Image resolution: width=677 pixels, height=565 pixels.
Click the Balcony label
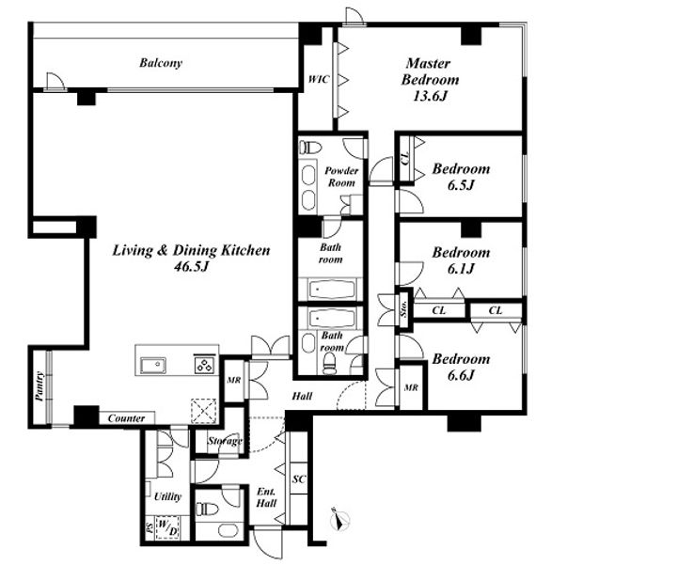tap(161, 63)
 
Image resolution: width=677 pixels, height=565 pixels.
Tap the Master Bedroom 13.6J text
tap(430, 79)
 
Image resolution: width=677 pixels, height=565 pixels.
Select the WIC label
tap(318, 79)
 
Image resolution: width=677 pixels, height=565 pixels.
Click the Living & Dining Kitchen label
tap(191, 259)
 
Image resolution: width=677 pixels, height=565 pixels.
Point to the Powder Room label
tap(341, 177)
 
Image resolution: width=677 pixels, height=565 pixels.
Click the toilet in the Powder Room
tap(311, 148)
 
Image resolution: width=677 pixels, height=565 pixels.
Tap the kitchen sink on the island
tap(153, 366)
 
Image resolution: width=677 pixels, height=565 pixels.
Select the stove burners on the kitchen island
tap(205, 364)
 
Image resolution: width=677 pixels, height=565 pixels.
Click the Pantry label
tap(39, 386)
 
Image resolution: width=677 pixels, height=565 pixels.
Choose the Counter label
tap(126, 418)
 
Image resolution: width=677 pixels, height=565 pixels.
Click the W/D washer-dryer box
tap(167, 527)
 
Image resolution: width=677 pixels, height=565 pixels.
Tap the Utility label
tap(167, 496)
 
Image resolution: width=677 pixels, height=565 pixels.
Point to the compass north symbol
tap(339, 519)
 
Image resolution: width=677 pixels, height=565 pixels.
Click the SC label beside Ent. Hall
tap(299, 479)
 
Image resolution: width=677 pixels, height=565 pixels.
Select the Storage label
tap(225, 441)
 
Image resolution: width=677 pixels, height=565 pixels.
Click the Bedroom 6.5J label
tap(461, 177)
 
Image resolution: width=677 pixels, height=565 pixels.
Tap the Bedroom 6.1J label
tap(461, 260)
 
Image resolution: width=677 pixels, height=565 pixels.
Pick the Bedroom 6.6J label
tap(461, 367)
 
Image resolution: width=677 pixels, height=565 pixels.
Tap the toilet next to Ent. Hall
tap(206, 509)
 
